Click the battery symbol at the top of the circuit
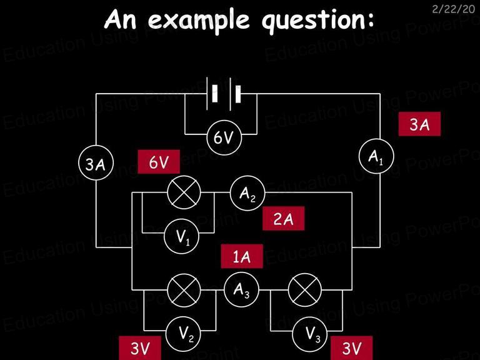[x=224, y=94]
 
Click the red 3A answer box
[x=419, y=124]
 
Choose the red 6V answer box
[x=159, y=162]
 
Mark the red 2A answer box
[x=284, y=218]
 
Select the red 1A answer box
[x=242, y=256]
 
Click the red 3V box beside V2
[x=140, y=347]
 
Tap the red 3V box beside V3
[x=352, y=347]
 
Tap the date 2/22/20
[x=453, y=9]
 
